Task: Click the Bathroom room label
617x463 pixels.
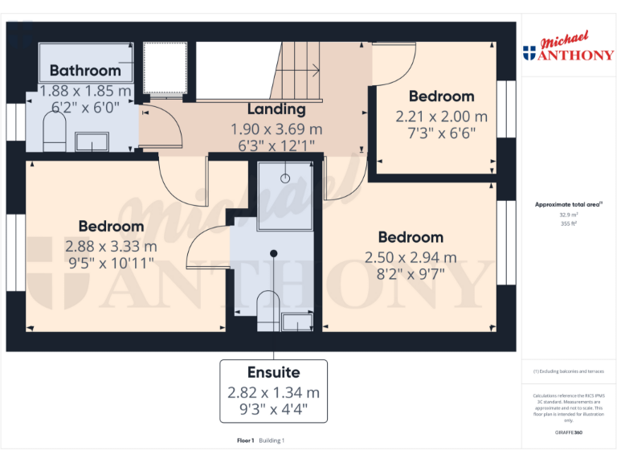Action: click(85, 70)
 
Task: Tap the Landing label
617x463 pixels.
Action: click(276, 109)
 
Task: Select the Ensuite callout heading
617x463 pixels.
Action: click(274, 373)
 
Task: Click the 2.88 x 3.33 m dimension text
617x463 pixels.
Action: click(111, 246)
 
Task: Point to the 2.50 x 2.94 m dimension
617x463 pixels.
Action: click(411, 257)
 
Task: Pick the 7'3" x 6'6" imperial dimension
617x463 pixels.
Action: click(441, 133)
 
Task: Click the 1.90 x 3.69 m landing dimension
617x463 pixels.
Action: click(276, 129)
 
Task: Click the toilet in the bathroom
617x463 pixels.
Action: click(53, 130)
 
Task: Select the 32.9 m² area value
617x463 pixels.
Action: click(568, 215)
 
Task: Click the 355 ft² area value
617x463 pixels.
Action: click(568, 223)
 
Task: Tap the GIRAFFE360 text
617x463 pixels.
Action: click(568, 433)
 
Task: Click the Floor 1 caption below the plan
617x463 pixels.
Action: click(246, 440)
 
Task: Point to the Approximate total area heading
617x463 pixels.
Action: click(567, 205)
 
